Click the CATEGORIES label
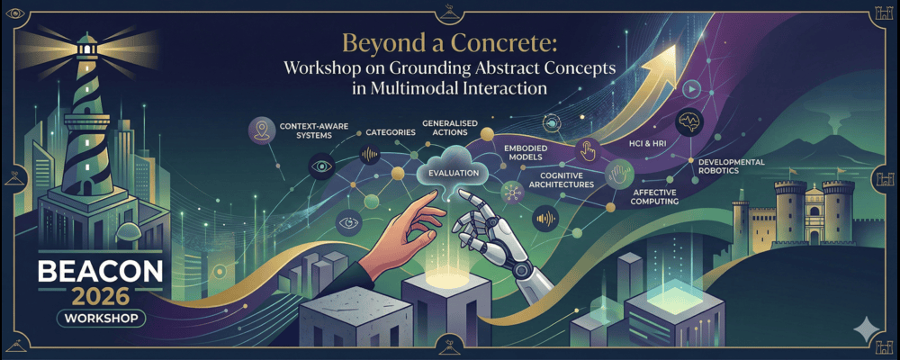click(390, 132)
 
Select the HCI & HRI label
click(637, 143)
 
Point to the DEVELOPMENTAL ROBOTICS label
click(731, 166)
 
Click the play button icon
click(691, 89)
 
